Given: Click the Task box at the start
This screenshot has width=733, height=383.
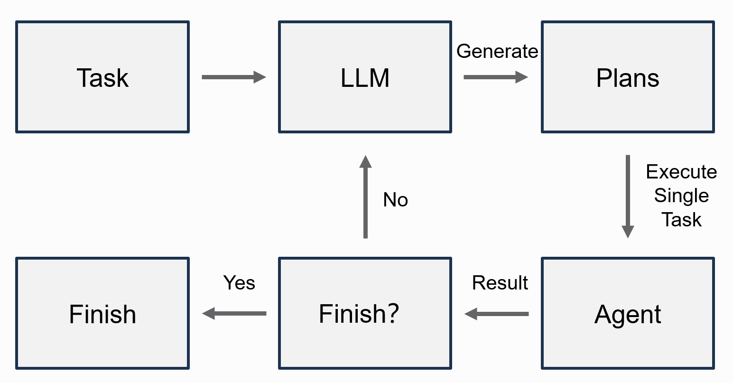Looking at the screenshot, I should (102, 77).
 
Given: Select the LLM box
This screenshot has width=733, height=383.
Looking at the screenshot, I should (365, 77).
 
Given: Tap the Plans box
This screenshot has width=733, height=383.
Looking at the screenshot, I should (628, 77).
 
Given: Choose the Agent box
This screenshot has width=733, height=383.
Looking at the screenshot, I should (628, 313).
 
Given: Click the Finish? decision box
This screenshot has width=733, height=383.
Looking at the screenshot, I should (365, 313).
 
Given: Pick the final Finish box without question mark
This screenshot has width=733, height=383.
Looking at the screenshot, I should (102, 313).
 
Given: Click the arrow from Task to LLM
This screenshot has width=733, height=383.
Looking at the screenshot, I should (234, 77).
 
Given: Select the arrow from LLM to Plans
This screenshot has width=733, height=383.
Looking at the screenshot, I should (496, 77).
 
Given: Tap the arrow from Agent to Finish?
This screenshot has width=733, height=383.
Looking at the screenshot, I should (496, 314).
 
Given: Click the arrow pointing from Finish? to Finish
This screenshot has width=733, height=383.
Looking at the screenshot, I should (234, 313).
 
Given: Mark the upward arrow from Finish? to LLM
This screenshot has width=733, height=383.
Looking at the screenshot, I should (365, 196).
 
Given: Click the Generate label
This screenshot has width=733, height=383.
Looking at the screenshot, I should (497, 51).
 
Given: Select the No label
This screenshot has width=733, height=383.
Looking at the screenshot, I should (395, 200).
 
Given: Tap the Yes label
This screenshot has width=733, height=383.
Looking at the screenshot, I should (239, 283).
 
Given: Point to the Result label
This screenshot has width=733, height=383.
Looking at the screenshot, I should (500, 283).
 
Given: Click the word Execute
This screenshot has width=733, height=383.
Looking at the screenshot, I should (681, 172).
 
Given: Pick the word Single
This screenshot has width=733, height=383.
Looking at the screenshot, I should (681, 196).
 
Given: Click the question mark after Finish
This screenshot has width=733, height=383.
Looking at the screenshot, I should (393, 313).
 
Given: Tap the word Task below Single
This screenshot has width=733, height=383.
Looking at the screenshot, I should (681, 220).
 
